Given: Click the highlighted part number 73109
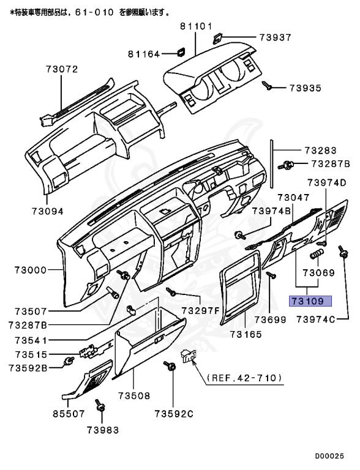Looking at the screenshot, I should click(310, 301).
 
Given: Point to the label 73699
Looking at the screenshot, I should click(271, 320).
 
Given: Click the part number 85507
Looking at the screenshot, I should click(68, 414).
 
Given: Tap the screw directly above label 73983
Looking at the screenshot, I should click(99, 406).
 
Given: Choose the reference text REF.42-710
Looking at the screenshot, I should click(244, 378).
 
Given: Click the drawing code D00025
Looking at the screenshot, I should click(334, 456).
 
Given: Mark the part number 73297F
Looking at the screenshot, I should click(200, 310).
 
